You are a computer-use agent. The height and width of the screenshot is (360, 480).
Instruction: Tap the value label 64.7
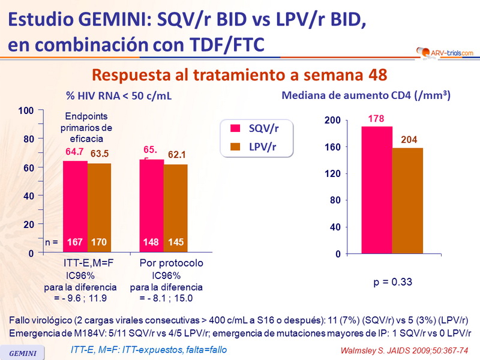pos(76,153)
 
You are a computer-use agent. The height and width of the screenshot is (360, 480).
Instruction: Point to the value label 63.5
pos(100,155)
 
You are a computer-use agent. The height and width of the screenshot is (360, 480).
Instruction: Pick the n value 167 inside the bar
pos(76,243)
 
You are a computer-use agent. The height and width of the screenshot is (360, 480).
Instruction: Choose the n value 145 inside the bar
pos(176,243)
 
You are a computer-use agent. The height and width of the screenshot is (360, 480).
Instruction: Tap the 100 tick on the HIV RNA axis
pos(25,111)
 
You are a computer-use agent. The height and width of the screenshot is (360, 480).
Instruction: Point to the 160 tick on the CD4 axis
pos(333,147)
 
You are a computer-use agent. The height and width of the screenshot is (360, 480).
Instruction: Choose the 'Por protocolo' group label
pos(172,263)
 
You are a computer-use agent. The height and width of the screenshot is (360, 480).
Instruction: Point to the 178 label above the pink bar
pos(376,119)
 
